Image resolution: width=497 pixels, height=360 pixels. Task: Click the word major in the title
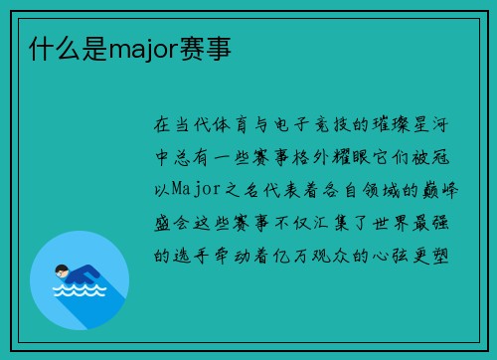(x=140, y=47)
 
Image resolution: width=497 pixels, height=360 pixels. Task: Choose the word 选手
(x=195, y=253)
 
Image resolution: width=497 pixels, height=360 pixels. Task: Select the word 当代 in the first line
(x=195, y=126)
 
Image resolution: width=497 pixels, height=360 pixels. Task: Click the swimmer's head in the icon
(x=63, y=270)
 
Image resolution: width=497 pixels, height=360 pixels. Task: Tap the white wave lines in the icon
(x=79, y=292)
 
